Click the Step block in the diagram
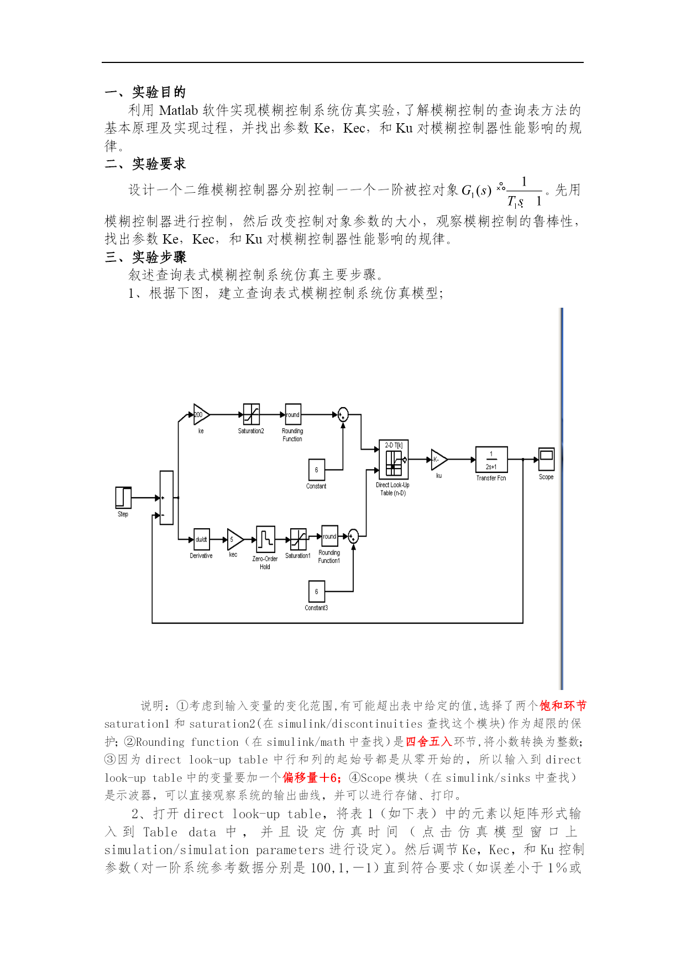pos(123,497)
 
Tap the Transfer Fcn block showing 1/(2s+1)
pos(491,460)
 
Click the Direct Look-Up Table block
pos(394,459)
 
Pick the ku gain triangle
pos(439,459)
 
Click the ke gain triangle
pos(201,414)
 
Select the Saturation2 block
pos(252,414)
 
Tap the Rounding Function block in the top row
pos(293,414)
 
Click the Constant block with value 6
pos(317,470)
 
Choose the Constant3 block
pos(317,592)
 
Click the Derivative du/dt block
pos(201,539)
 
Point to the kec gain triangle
pos(235,539)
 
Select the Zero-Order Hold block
pos(265,539)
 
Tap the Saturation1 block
pos(299,539)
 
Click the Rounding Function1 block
pos(329,536)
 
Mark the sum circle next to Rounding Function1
pos(353,536)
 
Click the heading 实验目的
pos(159,92)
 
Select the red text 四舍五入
pos(429,741)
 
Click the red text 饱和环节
pos(563,705)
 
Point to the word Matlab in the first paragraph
pos(179,110)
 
